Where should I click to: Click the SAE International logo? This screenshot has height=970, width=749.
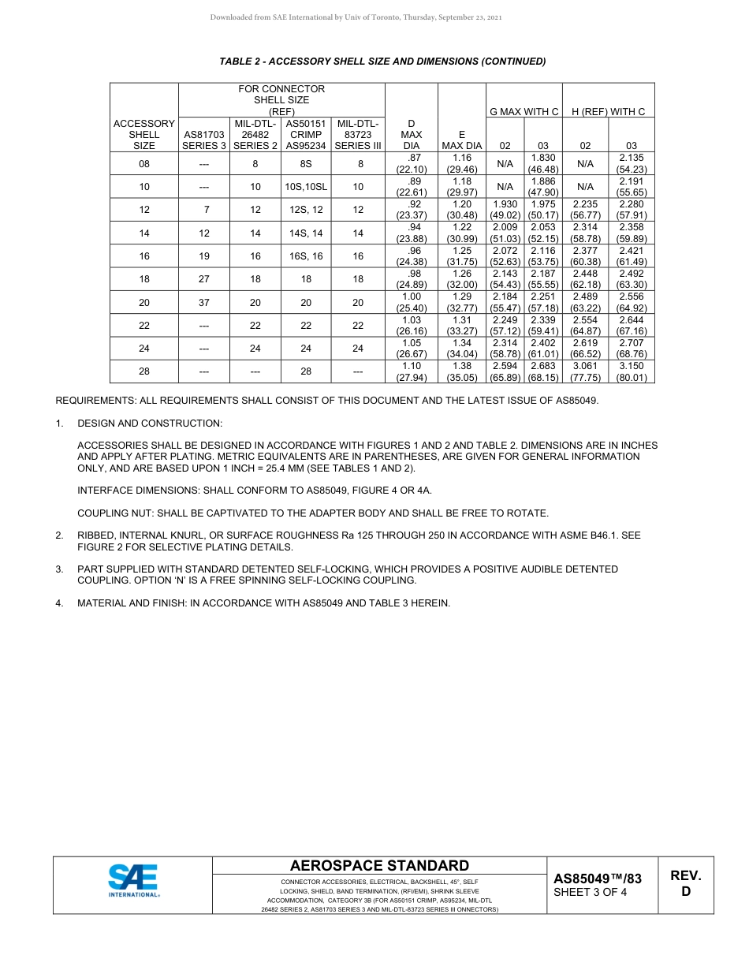(134, 880)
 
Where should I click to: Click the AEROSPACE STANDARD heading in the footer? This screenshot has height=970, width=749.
(379, 866)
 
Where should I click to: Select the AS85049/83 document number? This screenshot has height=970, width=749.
(598, 879)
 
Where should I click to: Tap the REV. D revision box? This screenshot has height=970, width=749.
(685, 884)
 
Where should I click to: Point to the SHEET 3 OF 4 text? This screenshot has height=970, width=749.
(591, 893)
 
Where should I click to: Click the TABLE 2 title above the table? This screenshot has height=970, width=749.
(382, 62)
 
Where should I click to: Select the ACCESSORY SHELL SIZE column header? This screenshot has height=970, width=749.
(144, 134)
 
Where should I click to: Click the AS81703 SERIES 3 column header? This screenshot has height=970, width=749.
(204, 140)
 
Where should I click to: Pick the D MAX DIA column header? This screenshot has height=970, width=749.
(411, 134)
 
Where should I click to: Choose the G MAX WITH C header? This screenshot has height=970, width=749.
(524, 111)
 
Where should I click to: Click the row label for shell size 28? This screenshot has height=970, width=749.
(144, 371)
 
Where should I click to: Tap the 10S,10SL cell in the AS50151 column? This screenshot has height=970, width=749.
(306, 187)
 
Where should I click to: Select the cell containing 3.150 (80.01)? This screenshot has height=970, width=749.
(632, 371)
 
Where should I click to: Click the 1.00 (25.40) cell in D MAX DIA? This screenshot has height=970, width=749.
(411, 302)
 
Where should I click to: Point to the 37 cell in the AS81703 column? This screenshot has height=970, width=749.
(204, 302)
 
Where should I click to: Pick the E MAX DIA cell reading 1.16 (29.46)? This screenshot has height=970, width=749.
(461, 163)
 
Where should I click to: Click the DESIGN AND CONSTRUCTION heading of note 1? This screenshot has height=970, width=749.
(150, 423)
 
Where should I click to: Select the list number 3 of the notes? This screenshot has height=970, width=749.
(59, 569)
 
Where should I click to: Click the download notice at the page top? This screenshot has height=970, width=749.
(356, 17)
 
